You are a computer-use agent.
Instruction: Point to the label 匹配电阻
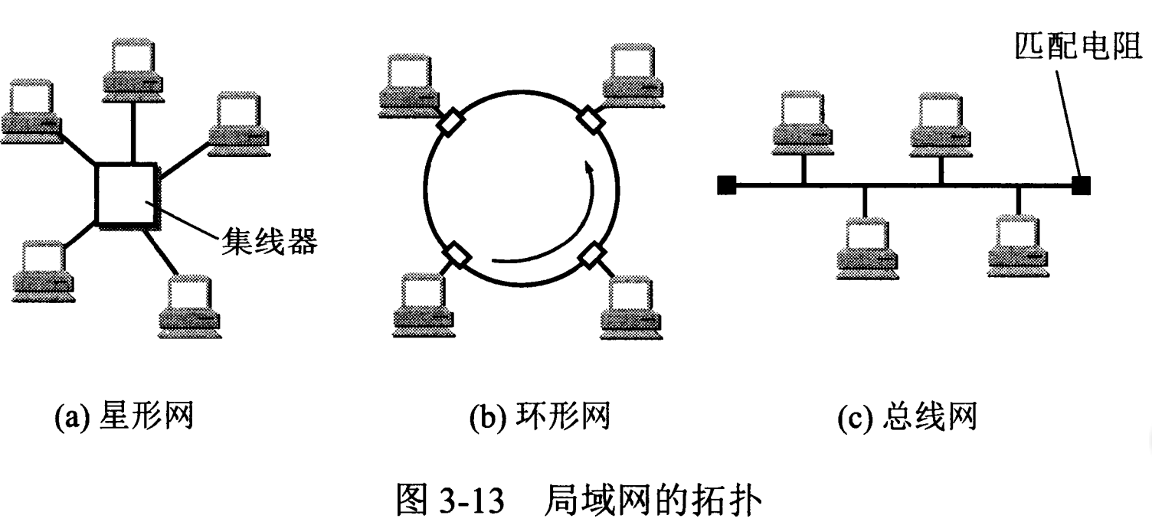[1081, 47]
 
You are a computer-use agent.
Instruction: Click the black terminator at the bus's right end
[1081, 184]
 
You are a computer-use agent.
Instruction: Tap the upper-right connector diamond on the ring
[591, 120]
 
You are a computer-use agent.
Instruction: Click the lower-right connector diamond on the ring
[591, 256]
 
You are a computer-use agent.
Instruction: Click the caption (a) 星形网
[123, 418]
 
